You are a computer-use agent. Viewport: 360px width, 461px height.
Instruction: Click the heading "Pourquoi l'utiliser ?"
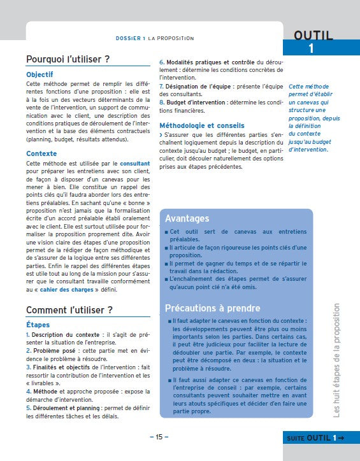(68, 59)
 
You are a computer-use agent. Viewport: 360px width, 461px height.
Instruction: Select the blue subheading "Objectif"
(40, 74)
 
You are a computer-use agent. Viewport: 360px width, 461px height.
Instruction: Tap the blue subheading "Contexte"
(41, 153)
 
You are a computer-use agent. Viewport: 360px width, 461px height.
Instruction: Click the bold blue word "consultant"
(134, 164)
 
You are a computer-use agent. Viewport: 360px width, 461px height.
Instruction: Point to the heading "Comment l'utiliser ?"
(69, 310)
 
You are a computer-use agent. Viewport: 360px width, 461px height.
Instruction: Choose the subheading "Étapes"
(38, 325)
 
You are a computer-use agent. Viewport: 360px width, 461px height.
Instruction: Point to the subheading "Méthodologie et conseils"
(201, 125)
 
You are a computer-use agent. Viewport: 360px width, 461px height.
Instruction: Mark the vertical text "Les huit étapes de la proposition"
(337, 360)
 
